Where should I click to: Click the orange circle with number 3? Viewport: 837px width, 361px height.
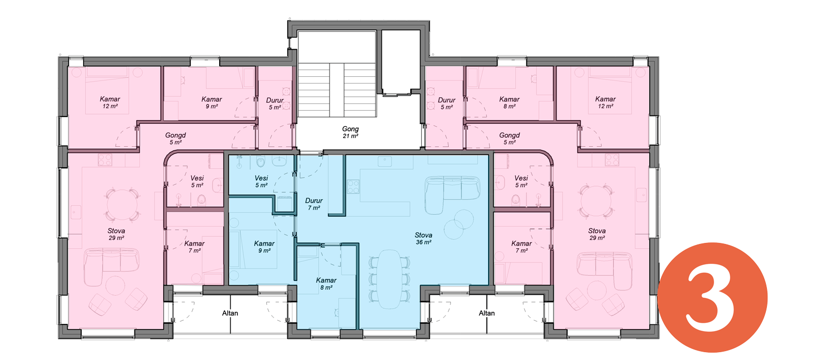point(712,298)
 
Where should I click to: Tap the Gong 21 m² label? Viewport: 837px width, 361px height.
point(350,132)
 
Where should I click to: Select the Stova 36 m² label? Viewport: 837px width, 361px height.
point(423,239)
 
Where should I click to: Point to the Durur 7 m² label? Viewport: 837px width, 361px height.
point(314,204)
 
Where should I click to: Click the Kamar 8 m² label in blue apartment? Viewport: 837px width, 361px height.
point(326,284)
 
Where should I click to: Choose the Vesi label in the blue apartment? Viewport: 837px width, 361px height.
point(261,178)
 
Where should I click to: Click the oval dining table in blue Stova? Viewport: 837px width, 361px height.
point(389,279)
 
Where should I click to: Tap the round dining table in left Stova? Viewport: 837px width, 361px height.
point(122,205)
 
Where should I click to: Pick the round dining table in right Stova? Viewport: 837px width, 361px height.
point(596,201)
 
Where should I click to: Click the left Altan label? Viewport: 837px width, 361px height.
point(230,313)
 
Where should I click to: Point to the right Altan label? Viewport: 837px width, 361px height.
point(487,313)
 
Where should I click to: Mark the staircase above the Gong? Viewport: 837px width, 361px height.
point(337,90)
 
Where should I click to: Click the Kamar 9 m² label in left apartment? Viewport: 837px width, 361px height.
point(211,103)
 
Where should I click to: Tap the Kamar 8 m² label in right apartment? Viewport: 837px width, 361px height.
point(510,103)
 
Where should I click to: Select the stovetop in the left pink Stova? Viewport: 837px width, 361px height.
point(105,160)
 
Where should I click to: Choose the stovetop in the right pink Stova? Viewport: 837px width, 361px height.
point(612,160)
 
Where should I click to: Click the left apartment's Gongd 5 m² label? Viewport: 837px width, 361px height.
point(176,138)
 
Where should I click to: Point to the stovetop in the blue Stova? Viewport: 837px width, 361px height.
point(353,187)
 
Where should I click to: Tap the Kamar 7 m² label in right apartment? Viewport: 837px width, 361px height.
point(522,247)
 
